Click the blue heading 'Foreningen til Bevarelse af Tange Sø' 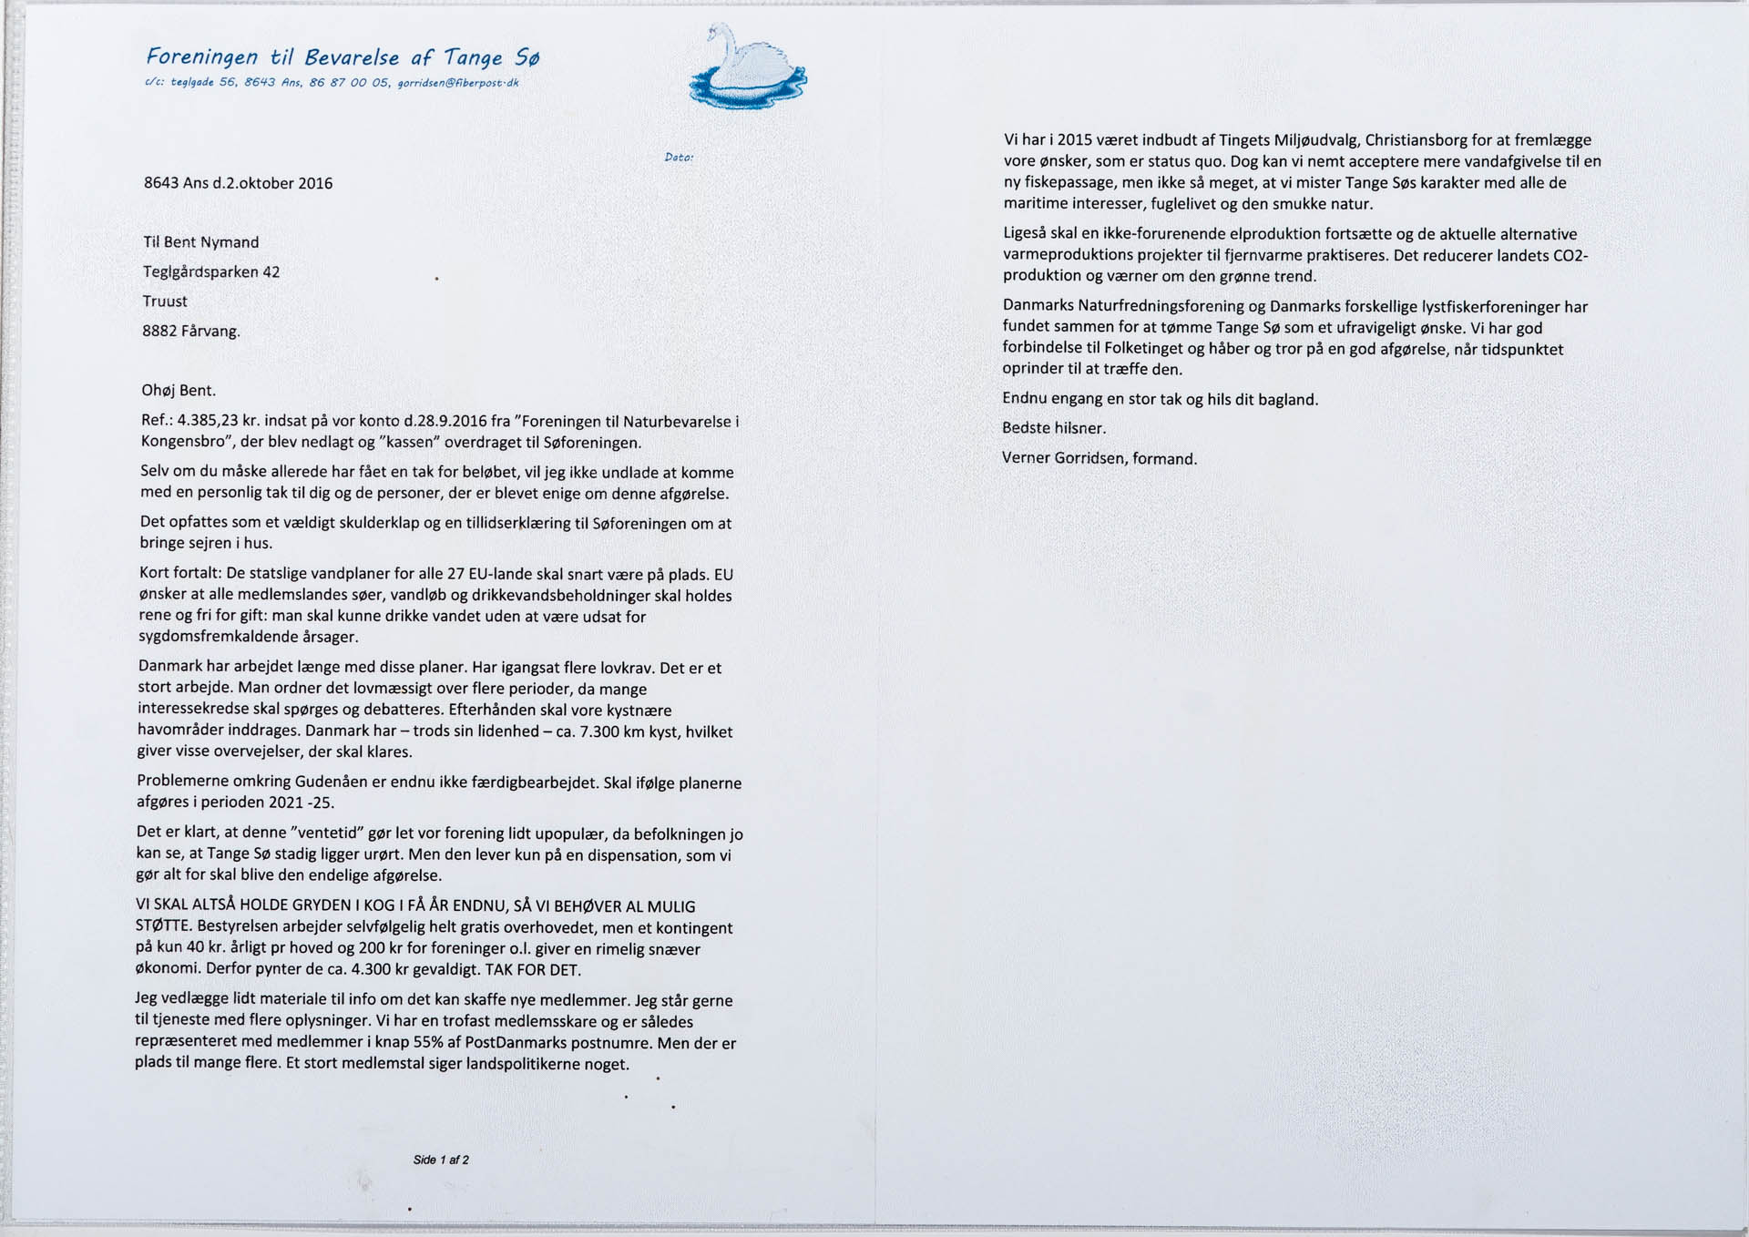[343, 57]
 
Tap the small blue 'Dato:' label [679, 158]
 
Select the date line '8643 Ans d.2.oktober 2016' [238, 183]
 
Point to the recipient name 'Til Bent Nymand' [200, 242]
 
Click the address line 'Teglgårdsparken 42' [211, 272]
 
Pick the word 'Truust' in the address [165, 302]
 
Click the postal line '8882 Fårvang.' [191, 332]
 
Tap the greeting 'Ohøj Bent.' [179, 391]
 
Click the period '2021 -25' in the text [302, 803]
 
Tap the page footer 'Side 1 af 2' [441, 1160]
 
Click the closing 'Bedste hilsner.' [1054, 428]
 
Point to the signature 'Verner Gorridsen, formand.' [1100, 458]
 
